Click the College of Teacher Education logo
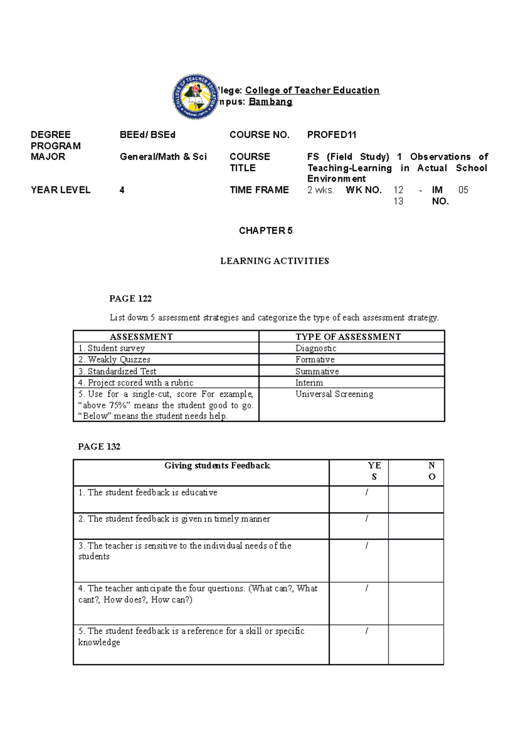pyautogui.click(x=196, y=97)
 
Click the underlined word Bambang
pyautogui.click(x=270, y=102)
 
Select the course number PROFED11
pyautogui.click(x=332, y=135)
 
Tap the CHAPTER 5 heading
pyautogui.click(x=265, y=231)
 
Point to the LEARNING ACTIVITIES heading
pyautogui.click(x=275, y=261)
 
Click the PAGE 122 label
pyautogui.click(x=130, y=298)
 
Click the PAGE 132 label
pyautogui.click(x=99, y=446)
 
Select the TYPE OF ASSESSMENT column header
pyautogui.click(x=348, y=337)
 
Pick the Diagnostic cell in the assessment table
pyautogui.click(x=316, y=348)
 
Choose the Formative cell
pyautogui.click(x=315, y=360)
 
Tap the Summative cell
pyautogui.click(x=317, y=371)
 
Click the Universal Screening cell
pyautogui.click(x=334, y=394)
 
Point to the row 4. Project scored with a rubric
pyautogui.click(x=136, y=382)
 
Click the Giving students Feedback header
pyautogui.click(x=217, y=465)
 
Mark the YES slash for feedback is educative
pyautogui.click(x=366, y=493)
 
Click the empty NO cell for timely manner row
pyautogui.click(x=416, y=526)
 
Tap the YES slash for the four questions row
pyautogui.click(x=366, y=588)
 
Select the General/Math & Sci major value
pyautogui.click(x=163, y=157)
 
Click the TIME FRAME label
pyautogui.click(x=259, y=190)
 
